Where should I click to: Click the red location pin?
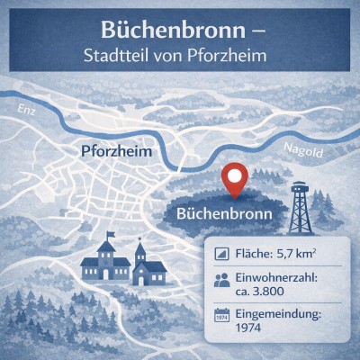235,177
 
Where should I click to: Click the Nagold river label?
302,150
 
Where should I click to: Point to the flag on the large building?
111,236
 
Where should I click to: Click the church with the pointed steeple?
141,263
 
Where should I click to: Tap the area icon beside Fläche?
220,255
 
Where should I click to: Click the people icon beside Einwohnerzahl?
220,281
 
